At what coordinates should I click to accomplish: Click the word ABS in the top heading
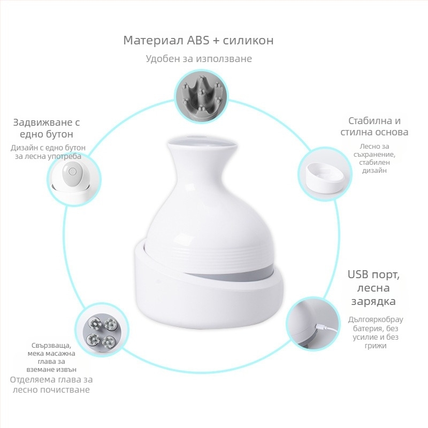[198, 41]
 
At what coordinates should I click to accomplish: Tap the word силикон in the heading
[248, 41]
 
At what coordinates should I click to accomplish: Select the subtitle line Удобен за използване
[198, 59]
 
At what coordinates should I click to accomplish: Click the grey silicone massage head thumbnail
[201, 98]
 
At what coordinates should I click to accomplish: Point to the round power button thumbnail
[74, 179]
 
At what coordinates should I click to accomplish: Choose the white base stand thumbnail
[325, 174]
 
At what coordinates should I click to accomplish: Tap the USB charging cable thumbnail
[313, 325]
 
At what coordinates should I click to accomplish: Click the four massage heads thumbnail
[102, 329]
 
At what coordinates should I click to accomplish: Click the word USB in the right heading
[358, 274]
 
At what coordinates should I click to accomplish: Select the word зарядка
[373, 301]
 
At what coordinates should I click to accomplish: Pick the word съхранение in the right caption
[374, 155]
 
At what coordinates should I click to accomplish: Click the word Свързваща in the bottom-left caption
[51, 346]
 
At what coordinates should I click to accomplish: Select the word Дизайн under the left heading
[22, 148]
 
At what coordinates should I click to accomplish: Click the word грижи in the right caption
[376, 346]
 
